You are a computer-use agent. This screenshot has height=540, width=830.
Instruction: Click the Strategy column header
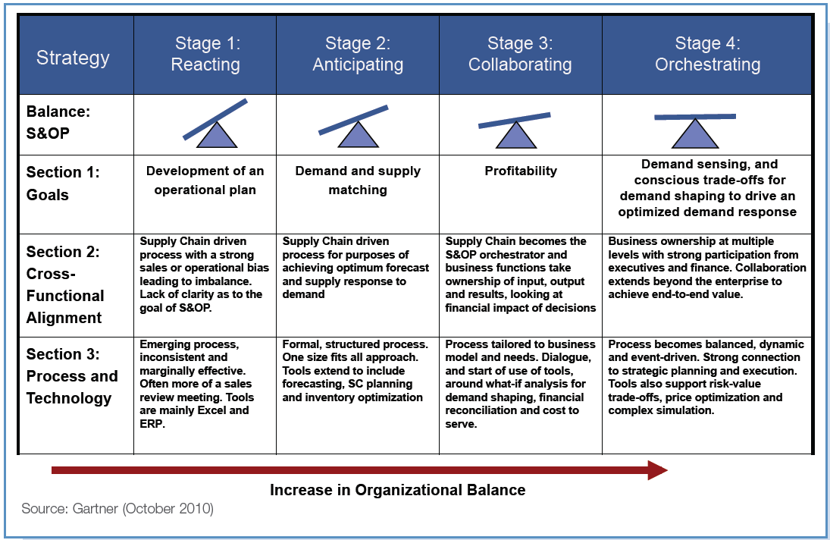pos(73,58)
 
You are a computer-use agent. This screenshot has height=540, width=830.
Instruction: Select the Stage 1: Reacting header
pos(205,54)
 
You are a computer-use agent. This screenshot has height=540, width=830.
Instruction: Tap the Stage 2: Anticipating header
pos(358,54)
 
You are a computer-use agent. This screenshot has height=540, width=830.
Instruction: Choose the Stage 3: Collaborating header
pos(520,54)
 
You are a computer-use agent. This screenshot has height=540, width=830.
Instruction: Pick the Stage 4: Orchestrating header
pos(708,54)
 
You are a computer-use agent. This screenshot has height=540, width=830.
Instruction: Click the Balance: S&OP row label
pos(58,122)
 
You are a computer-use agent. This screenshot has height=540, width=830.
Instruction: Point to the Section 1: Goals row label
pos(63,184)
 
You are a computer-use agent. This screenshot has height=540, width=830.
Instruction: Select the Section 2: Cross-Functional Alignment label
pos(65,284)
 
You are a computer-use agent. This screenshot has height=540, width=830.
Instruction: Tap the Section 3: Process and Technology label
pos(72,376)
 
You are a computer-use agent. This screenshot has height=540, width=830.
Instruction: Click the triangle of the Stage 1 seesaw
pos(217,136)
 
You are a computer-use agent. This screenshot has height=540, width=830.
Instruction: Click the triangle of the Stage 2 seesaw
pos(358,136)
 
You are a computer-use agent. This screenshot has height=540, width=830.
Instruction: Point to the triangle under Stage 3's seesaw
pos(515,136)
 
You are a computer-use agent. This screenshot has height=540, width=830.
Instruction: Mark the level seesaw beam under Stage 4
pos(695,117)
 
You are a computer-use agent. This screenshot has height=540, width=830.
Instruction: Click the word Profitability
pos(521,171)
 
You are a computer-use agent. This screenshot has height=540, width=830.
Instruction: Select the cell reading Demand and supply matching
pos(358,181)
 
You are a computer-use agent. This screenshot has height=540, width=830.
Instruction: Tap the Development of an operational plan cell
pos(205,181)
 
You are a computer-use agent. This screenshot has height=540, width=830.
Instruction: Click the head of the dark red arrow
pos(658,470)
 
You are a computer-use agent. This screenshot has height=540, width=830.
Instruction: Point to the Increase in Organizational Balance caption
pos(397,490)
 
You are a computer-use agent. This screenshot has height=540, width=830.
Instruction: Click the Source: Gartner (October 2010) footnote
pos(117,509)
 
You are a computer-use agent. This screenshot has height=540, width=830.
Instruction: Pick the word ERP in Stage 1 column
pos(152,424)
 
